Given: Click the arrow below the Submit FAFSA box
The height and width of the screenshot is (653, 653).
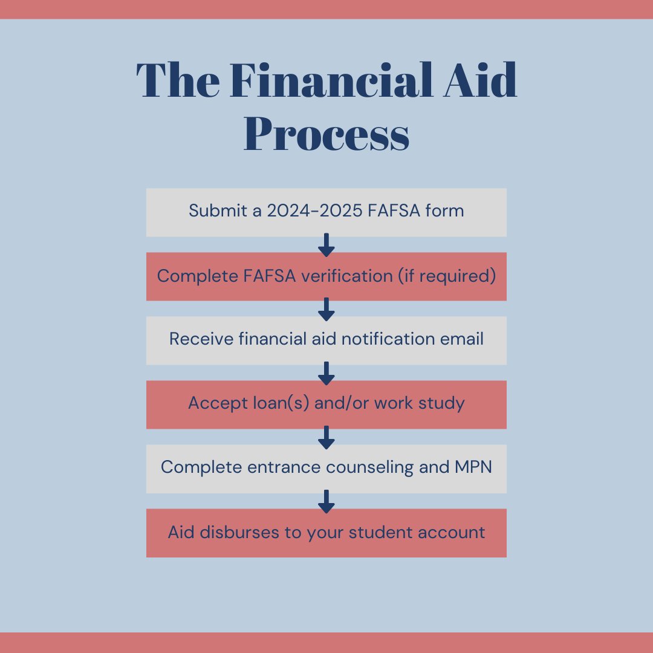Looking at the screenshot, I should tap(326, 244).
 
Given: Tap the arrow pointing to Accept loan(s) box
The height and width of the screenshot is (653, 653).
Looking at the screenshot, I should tap(326, 372).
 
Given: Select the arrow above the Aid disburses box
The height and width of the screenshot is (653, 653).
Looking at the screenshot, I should tap(326, 501).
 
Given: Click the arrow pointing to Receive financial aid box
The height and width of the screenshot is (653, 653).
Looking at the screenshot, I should tap(326, 308).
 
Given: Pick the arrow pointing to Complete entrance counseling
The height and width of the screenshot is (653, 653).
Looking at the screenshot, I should tap(326, 437).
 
